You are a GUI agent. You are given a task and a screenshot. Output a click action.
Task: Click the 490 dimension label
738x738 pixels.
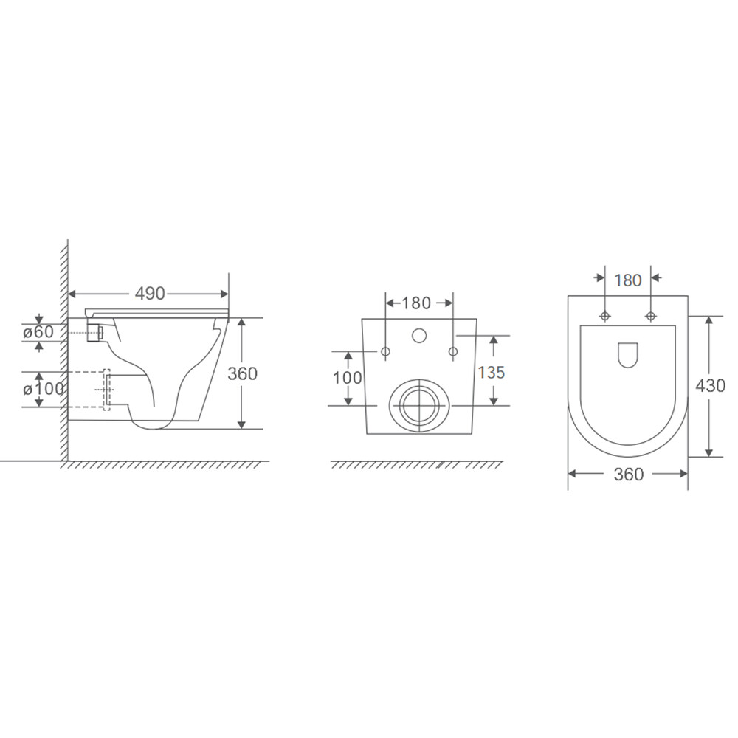pyautogui.click(x=150, y=294)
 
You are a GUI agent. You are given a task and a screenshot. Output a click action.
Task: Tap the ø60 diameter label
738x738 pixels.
pyautogui.click(x=38, y=332)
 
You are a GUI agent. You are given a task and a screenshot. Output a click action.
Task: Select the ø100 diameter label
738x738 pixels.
pyautogui.click(x=43, y=389)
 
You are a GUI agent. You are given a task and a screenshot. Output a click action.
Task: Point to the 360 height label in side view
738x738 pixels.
pyautogui.click(x=242, y=373)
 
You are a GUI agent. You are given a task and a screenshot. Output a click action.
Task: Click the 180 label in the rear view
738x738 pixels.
pyautogui.click(x=416, y=303)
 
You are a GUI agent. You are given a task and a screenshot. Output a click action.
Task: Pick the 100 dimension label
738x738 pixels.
pyautogui.click(x=348, y=378)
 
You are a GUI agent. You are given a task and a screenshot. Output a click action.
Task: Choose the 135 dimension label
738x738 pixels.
pyautogui.click(x=492, y=372)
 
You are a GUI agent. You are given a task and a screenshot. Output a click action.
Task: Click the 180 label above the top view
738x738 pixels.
pyautogui.click(x=628, y=280)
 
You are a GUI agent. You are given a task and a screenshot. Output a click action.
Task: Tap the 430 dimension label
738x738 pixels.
pyautogui.click(x=711, y=386)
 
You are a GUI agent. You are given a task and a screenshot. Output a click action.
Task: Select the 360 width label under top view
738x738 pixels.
pyautogui.click(x=628, y=475)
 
